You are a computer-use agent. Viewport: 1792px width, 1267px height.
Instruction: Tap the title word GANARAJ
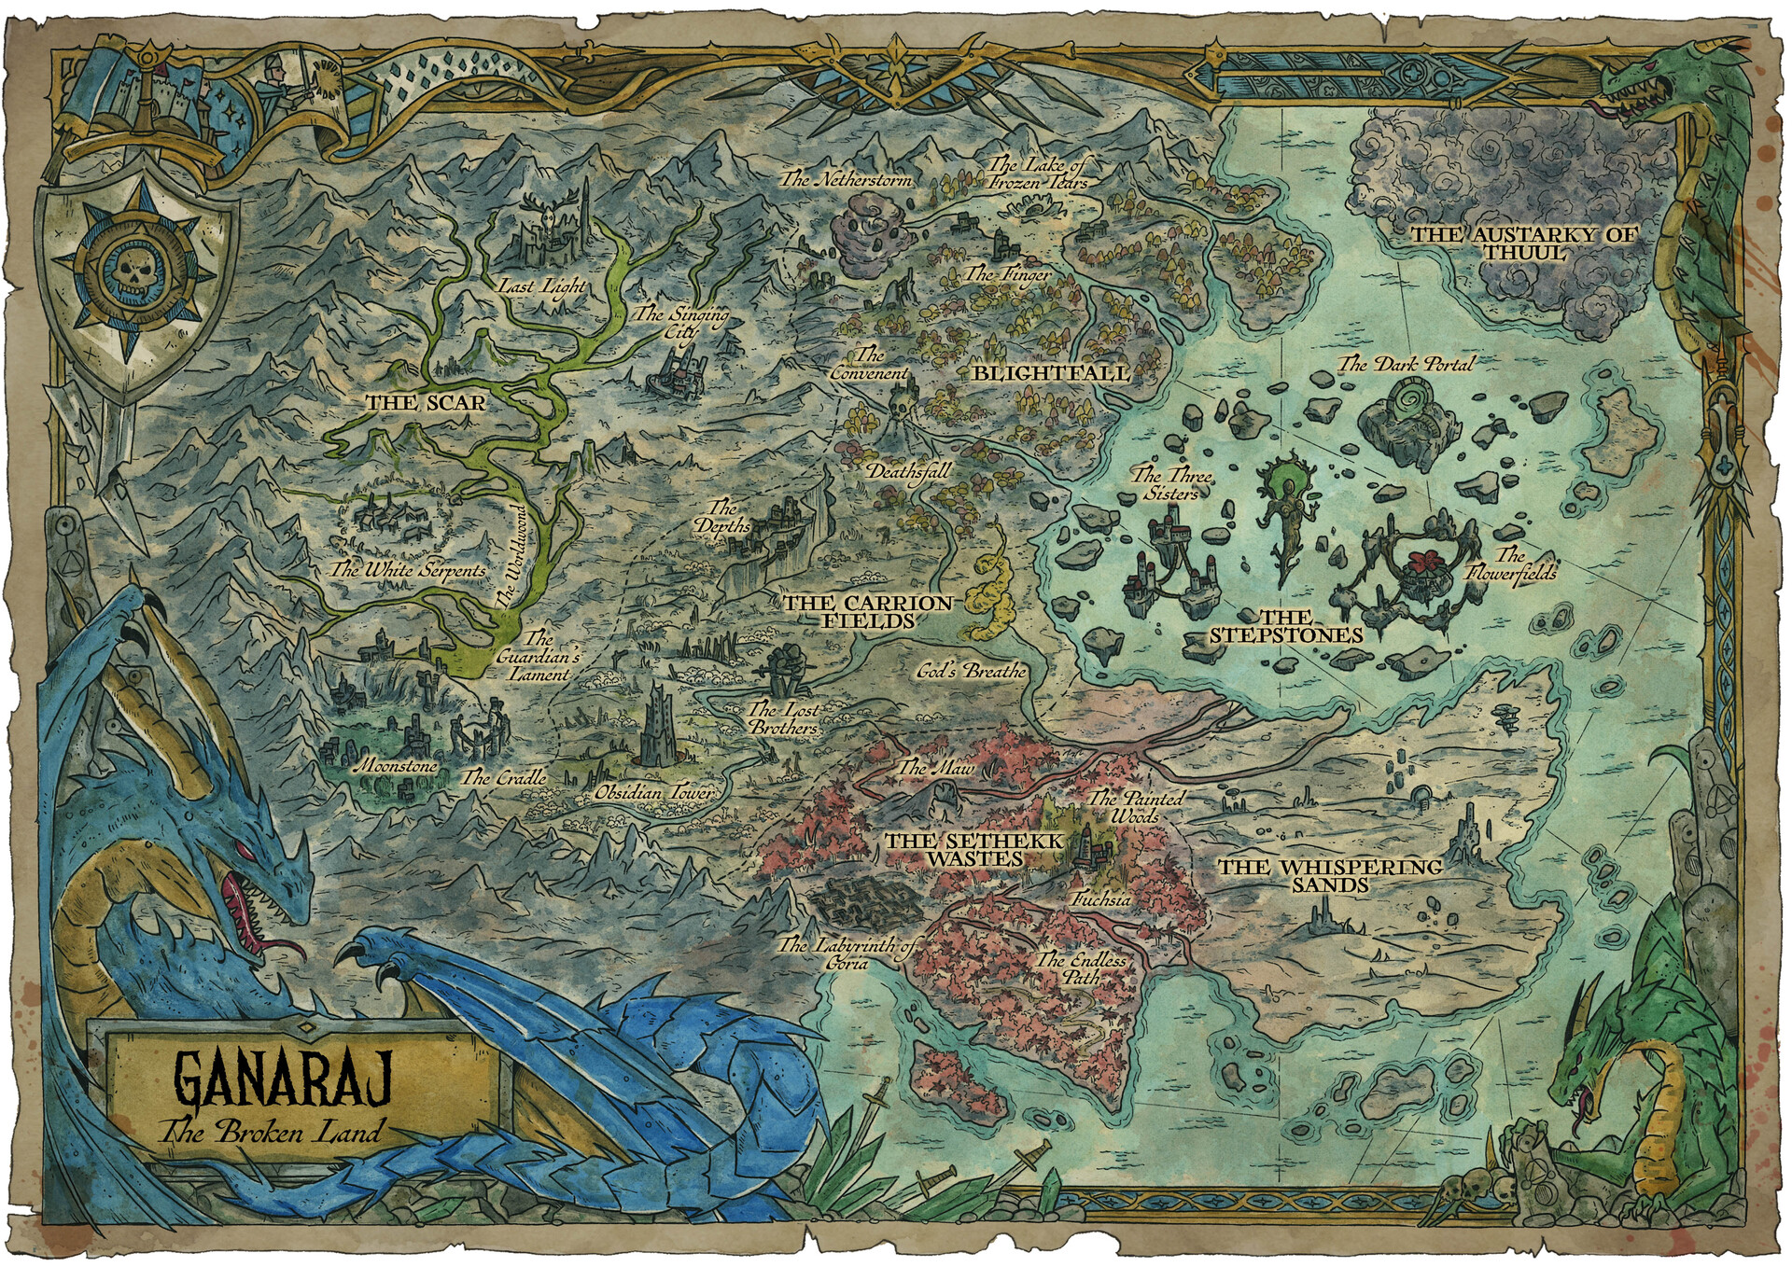[283, 1082]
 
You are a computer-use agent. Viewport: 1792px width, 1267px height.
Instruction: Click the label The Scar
[426, 403]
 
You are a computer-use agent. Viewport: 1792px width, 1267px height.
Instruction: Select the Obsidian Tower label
[656, 793]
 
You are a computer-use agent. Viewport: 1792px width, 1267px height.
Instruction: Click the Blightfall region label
[1051, 373]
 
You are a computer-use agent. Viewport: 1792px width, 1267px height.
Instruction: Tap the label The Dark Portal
[1407, 364]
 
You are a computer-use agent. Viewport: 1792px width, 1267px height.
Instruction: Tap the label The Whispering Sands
[1330, 875]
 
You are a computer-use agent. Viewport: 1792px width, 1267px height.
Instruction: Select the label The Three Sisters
[1171, 483]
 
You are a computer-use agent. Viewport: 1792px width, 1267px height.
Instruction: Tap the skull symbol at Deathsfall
[901, 409]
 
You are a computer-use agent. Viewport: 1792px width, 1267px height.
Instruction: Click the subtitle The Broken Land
[271, 1133]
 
